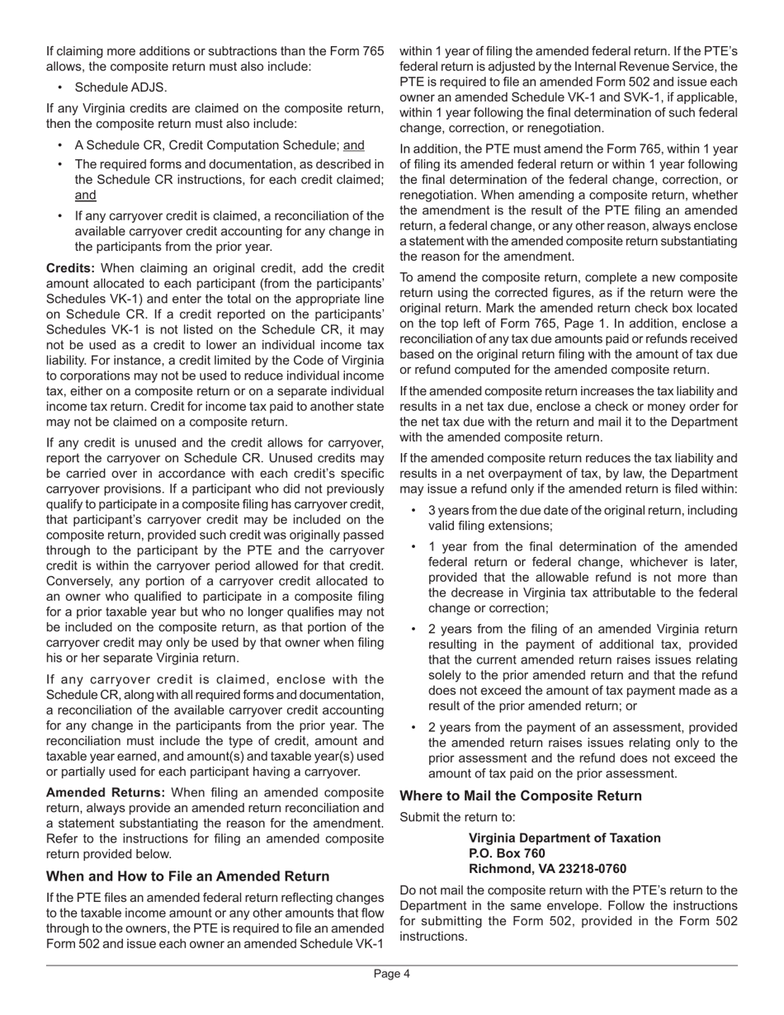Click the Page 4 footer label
tap(391, 974)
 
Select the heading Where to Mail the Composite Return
tap(521, 796)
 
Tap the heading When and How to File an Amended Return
tap(188, 876)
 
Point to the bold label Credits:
tap(71, 269)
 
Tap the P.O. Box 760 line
tap(507, 852)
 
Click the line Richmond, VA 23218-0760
tap(547, 868)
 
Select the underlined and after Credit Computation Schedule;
tap(353, 144)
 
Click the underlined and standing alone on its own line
tap(86, 195)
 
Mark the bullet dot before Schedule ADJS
tap(62, 87)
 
